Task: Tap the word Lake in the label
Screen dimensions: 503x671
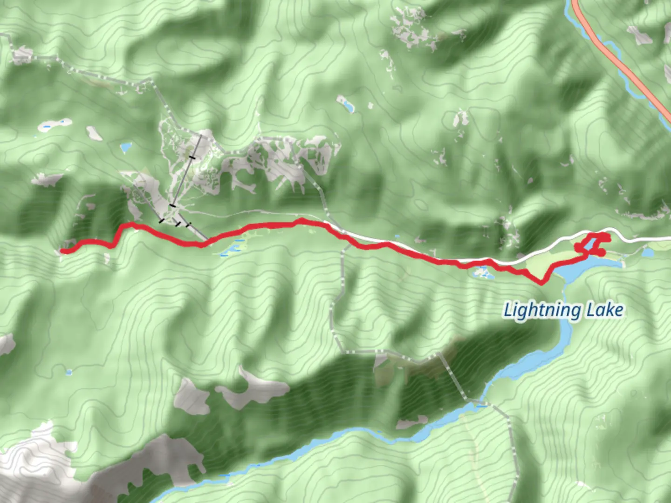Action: tap(604, 310)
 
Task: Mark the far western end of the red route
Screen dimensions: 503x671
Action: tap(62, 251)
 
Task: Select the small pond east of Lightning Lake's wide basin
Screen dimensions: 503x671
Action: tap(648, 253)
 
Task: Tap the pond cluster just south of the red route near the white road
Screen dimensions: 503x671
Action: tap(483, 273)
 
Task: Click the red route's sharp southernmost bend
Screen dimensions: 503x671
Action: tap(542, 282)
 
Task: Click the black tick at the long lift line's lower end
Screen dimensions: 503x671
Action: tap(172, 205)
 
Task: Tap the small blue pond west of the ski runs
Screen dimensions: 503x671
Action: tap(126, 148)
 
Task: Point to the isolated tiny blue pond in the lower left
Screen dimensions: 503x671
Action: tap(69, 372)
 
